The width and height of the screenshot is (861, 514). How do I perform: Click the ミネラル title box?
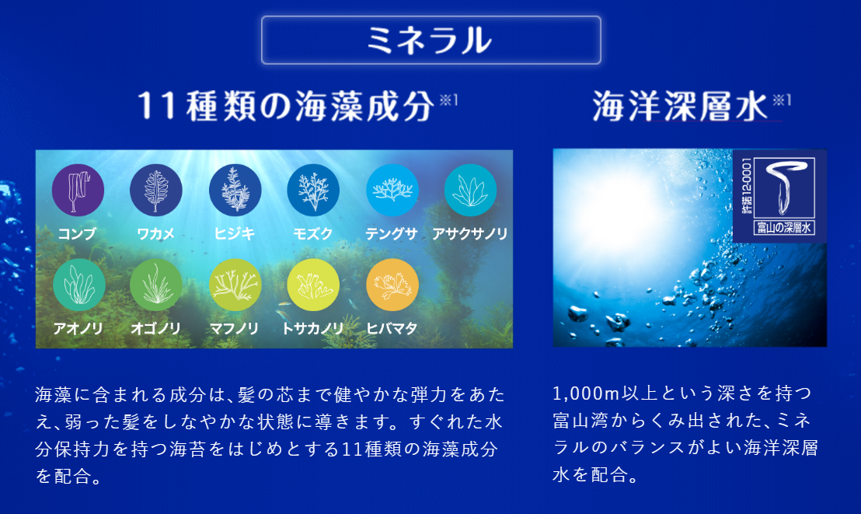pyautogui.click(x=431, y=40)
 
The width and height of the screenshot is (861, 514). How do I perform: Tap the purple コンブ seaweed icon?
pyautogui.click(x=78, y=190)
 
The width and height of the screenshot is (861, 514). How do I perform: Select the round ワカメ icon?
pyautogui.click(x=156, y=190)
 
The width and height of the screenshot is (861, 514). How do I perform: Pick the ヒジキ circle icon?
pyautogui.click(x=235, y=190)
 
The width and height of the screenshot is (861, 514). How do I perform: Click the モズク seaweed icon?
pyautogui.click(x=313, y=190)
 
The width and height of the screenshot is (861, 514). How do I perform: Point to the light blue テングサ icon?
pyautogui.click(x=392, y=190)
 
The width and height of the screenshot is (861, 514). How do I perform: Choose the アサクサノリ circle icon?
pyautogui.click(x=470, y=190)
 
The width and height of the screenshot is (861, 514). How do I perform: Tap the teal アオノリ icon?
pyautogui.click(x=79, y=285)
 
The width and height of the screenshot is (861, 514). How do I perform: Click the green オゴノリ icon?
pyautogui.click(x=156, y=285)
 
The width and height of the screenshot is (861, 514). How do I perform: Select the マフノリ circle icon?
pyautogui.click(x=235, y=285)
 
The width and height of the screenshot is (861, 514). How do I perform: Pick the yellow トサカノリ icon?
pyautogui.click(x=313, y=285)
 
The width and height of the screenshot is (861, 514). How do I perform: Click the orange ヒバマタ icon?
pyautogui.click(x=392, y=285)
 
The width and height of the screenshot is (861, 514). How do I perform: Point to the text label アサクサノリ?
pyautogui.click(x=470, y=233)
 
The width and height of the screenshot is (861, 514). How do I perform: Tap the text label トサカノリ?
pyautogui.click(x=312, y=329)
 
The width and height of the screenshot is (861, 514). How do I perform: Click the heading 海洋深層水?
pyautogui.click(x=680, y=106)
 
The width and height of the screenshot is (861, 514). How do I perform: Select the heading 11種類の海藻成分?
pyautogui.click(x=286, y=106)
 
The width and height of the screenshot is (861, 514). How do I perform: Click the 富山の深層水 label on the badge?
pyautogui.click(x=783, y=228)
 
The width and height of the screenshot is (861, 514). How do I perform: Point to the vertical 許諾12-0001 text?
pyautogui.click(x=747, y=186)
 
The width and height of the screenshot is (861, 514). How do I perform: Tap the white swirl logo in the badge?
pyautogui.click(x=784, y=187)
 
